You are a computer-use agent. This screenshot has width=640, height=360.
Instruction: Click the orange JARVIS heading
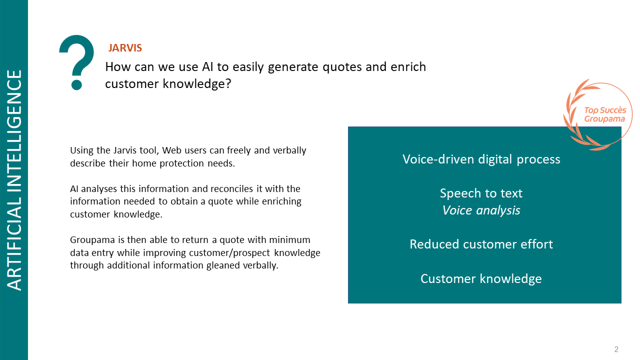[125, 48]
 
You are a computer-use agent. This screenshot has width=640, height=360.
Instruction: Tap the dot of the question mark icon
[76, 85]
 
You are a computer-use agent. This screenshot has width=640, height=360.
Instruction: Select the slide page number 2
[616, 349]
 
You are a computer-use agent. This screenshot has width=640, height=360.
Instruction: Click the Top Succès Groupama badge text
[605, 114]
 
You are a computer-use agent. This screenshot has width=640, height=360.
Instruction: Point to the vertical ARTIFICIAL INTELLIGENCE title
[14, 180]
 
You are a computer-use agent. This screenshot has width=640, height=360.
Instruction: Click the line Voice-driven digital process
[481, 159]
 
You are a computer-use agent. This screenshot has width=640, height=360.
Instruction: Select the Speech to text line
[481, 193]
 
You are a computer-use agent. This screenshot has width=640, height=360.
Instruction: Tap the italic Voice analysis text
[481, 210]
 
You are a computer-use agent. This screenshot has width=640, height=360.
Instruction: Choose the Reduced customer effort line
[481, 244]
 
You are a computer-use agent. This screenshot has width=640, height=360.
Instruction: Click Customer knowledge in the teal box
[481, 279]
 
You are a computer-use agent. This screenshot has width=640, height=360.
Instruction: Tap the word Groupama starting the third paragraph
[92, 240]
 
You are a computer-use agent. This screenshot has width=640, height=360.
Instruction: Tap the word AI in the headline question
[207, 67]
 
